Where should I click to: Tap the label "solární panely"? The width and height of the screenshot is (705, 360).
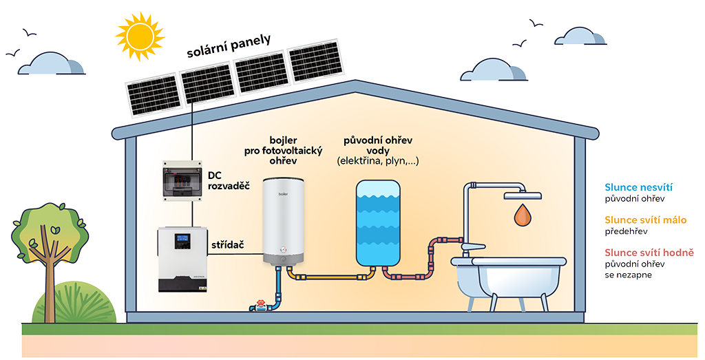[x=229, y=44]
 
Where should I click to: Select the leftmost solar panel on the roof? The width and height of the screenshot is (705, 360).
[x=151, y=96]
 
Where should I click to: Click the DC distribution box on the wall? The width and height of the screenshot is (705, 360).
[x=182, y=180]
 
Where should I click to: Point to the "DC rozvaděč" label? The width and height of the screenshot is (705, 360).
[x=228, y=180]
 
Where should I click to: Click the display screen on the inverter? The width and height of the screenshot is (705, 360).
[x=182, y=241]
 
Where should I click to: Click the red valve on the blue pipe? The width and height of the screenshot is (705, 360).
[x=260, y=303]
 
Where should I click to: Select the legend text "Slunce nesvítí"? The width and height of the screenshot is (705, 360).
[x=638, y=187]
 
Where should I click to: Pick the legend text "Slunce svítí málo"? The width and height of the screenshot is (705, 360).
[x=645, y=220]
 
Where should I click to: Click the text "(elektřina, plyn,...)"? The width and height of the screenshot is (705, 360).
[x=378, y=161]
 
